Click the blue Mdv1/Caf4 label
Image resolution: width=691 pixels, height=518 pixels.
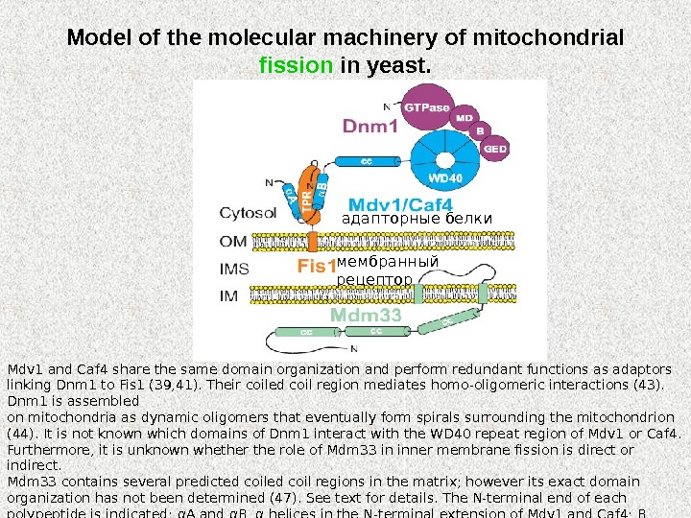tap(400, 204)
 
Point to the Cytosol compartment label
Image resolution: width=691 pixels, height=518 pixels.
tap(249, 212)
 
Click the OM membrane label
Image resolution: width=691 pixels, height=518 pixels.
tap(234, 240)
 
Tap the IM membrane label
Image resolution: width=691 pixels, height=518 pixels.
tap(229, 297)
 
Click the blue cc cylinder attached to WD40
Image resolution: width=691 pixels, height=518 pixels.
tap(366, 163)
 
